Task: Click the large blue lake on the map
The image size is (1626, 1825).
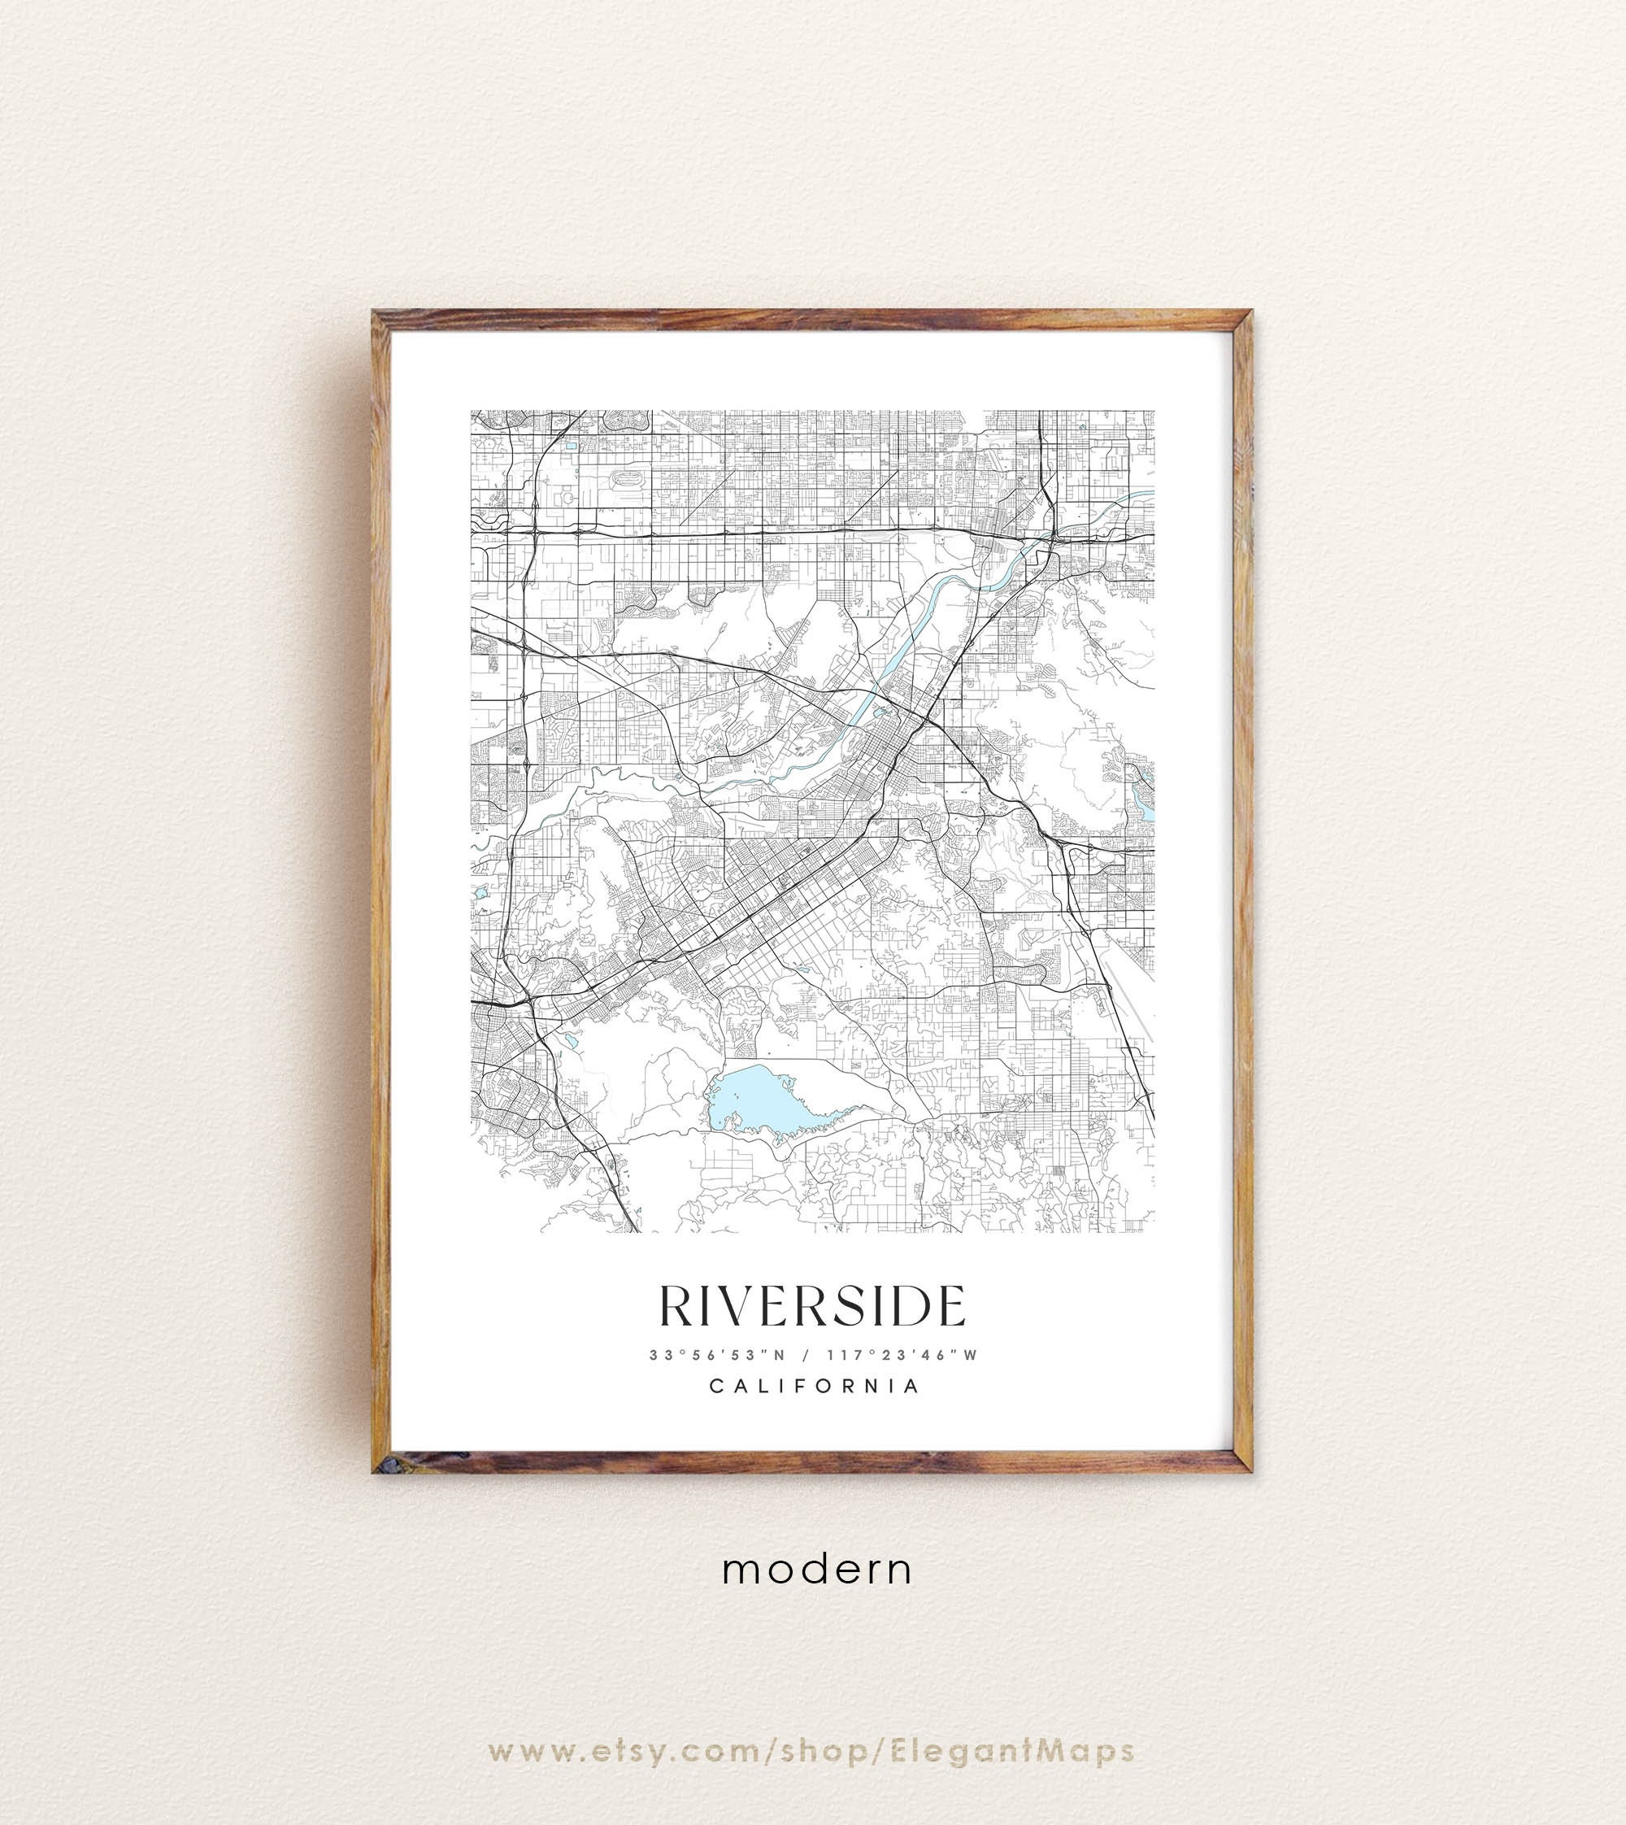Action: click(x=768, y=1099)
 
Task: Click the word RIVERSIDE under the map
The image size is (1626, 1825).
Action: click(x=812, y=1307)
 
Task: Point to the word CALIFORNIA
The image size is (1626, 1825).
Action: click(x=814, y=1386)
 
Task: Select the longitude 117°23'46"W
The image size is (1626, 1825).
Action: click(x=902, y=1355)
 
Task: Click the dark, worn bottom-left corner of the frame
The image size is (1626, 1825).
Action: click(x=380, y=1465)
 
